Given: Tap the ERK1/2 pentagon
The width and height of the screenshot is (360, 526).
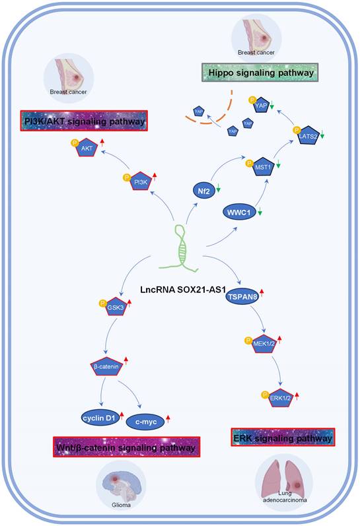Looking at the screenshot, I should [280, 399].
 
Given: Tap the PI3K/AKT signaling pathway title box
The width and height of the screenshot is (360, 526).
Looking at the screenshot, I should [83, 120].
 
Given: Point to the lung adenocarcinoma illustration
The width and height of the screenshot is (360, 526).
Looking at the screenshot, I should [282, 483].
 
